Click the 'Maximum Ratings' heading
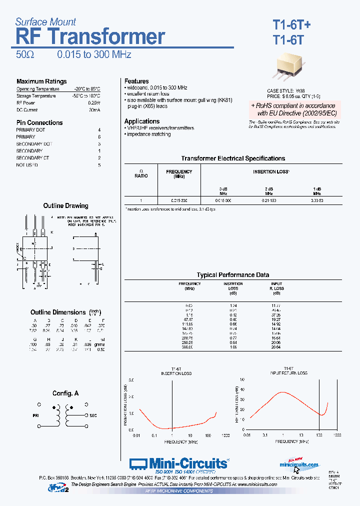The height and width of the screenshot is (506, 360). coord(41,81)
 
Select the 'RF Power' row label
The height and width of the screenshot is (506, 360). coord(25,102)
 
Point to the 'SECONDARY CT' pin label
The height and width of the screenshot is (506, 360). coord(32,157)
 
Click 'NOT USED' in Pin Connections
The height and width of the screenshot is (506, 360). coord(27,164)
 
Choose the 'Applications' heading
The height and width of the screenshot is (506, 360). coord(142,121)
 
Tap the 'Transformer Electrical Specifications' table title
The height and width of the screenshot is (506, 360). coord(233,158)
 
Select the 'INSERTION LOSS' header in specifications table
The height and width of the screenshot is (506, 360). coord(270,171)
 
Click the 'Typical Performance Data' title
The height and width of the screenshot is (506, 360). coord(233,275)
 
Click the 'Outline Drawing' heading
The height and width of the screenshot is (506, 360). coord(65,205)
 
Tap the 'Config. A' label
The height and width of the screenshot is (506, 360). coord(65,393)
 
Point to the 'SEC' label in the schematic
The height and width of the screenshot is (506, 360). coord(93,415)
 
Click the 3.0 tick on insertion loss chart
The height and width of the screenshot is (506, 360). coord(131,380)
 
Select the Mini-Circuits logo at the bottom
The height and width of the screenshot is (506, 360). coord(179,463)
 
